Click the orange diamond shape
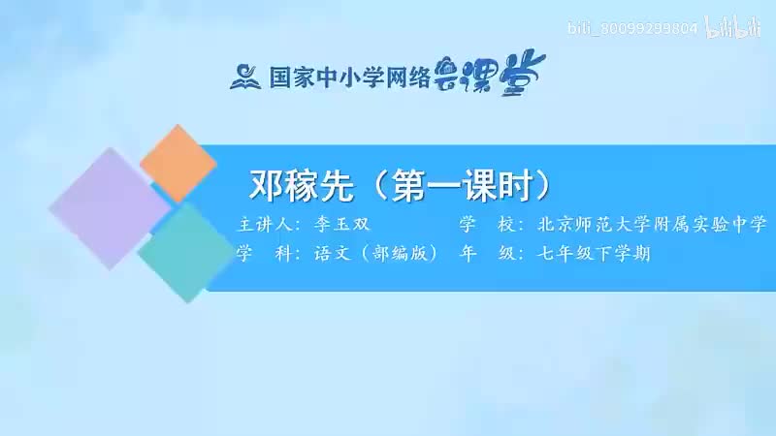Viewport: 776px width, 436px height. click(x=178, y=164)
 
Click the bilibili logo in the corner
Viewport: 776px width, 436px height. click(x=733, y=27)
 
